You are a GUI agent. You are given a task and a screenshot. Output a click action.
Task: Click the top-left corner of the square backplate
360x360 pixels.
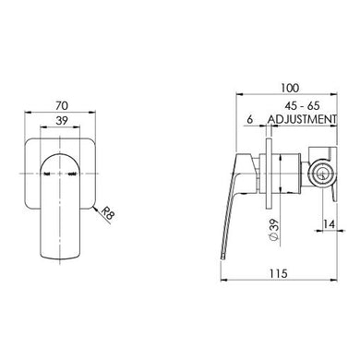(22, 140)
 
